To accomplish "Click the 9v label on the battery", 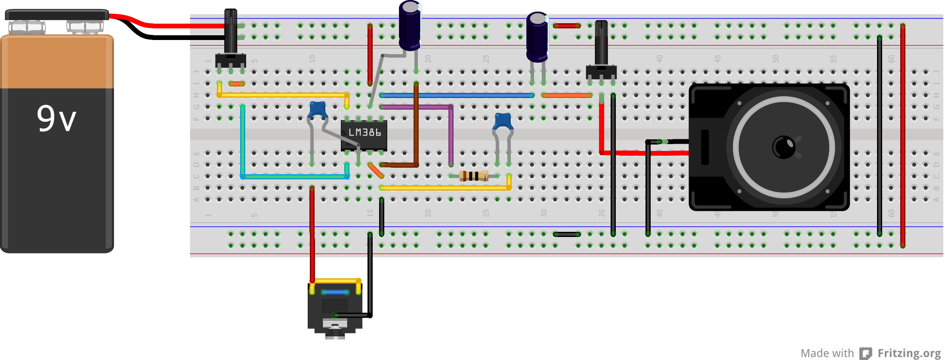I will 56,118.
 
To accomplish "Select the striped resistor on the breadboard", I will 473,176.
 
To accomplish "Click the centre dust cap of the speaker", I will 784,147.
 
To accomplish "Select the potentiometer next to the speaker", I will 601,52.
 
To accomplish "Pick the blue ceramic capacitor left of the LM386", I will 318,109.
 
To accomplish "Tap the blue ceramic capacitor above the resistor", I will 503,121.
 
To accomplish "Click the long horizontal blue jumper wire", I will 456,95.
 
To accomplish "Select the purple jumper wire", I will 451,133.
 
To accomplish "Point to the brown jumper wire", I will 416,129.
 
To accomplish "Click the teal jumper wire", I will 294,176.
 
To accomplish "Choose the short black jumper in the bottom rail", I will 567,234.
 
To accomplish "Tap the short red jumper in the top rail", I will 567,26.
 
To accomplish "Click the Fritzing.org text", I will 909,353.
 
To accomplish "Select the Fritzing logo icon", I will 865,353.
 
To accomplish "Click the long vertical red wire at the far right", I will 902,135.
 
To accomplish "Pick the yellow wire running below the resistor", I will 445,188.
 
